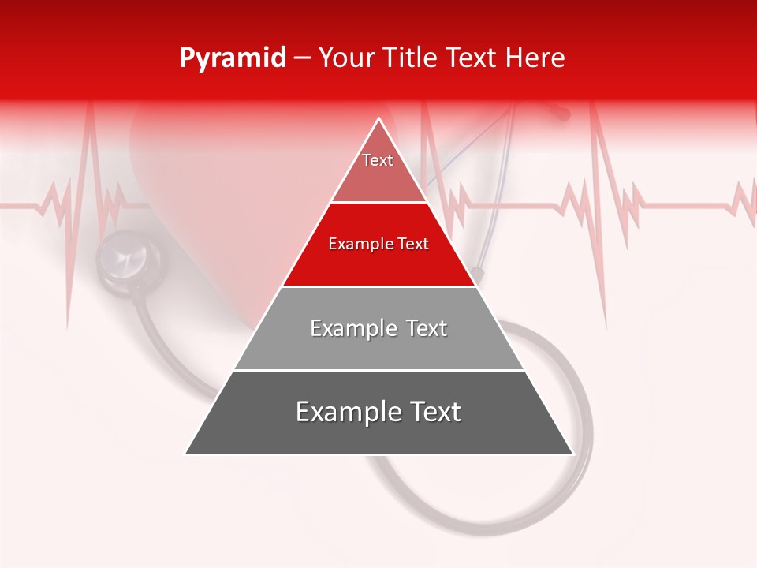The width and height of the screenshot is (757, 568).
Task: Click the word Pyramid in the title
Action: point(232,58)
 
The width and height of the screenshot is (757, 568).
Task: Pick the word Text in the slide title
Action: point(472,58)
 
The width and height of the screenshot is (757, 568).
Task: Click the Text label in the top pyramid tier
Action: point(378,160)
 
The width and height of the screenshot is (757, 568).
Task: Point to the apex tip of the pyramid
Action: point(379,119)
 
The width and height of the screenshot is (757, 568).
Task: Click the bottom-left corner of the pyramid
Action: point(186,453)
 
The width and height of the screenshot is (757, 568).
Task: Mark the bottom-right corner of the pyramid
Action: point(572,453)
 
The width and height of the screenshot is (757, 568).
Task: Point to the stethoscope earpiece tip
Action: point(561,115)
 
